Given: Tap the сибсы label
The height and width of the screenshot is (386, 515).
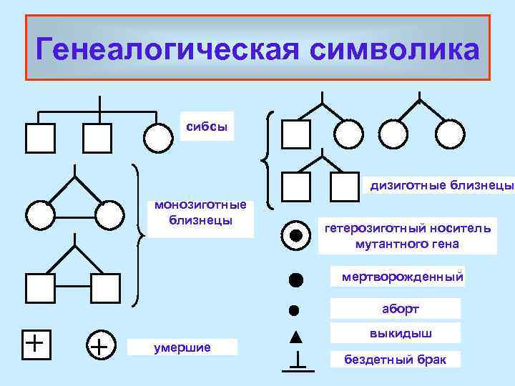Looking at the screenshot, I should pos(206,126).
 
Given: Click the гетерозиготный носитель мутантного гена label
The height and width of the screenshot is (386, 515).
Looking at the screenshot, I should pos(407,236).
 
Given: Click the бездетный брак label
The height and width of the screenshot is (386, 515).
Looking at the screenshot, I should pos(395,359).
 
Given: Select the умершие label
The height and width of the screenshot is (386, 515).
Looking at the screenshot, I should pos(182,348).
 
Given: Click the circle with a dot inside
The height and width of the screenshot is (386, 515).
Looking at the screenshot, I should pos(294,235).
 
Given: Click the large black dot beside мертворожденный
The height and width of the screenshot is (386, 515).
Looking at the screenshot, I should pos(295,278).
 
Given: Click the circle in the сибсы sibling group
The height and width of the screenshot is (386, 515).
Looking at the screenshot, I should pos(157,138).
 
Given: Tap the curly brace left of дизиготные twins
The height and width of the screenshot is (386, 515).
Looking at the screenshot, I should pos(270,158).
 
